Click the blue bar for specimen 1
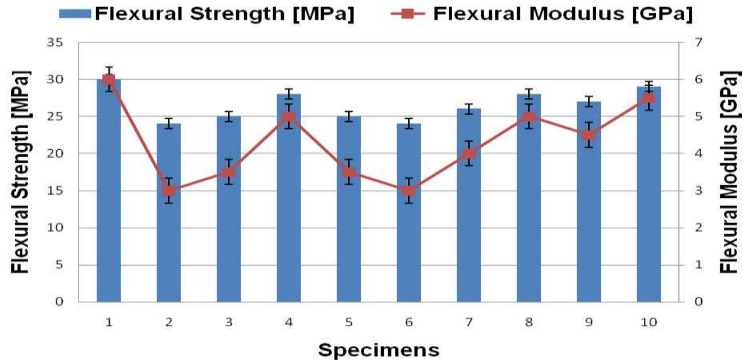[x=108, y=192]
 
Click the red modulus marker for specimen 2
[x=168, y=190]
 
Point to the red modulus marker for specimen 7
[x=469, y=154]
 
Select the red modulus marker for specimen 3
[x=228, y=172]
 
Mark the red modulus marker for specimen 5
[x=348, y=172]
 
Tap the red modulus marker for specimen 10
[x=649, y=98]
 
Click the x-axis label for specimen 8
[x=529, y=322]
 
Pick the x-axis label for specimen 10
[x=649, y=322]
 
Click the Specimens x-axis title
[x=379, y=350]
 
